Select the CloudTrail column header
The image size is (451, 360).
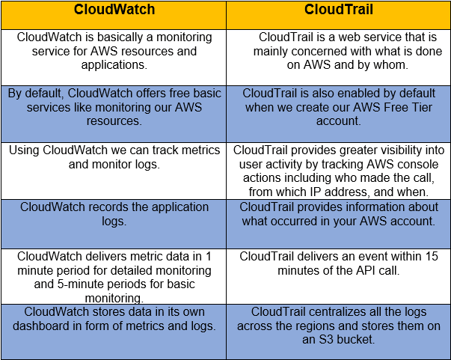coord(338,10)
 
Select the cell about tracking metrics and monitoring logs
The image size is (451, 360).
coord(114,156)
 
